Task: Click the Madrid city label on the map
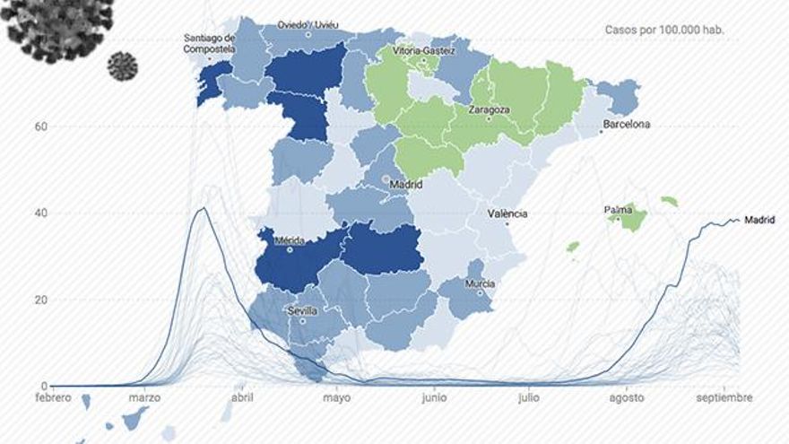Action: [x=406, y=186]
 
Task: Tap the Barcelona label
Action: [x=627, y=125]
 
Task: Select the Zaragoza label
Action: [x=489, y=110]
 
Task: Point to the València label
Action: [x=507, y=214]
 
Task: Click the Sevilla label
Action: [x=302, y=310]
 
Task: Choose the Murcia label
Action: [x=480, y=284]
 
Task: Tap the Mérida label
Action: [x=291, y=240]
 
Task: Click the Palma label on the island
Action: [x=618, y=211]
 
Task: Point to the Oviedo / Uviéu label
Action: [x=308, y=25]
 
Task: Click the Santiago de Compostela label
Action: [x=209, y=44]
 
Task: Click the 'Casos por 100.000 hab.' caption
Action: [x=664, y=30]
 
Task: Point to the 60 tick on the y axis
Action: [x=40, y=126]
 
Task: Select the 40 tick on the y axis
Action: [x=40, y=213]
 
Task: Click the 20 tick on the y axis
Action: [x=40, y=300]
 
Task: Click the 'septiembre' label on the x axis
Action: [x=724, y=397]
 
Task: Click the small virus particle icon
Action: [x=123, y=65]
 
